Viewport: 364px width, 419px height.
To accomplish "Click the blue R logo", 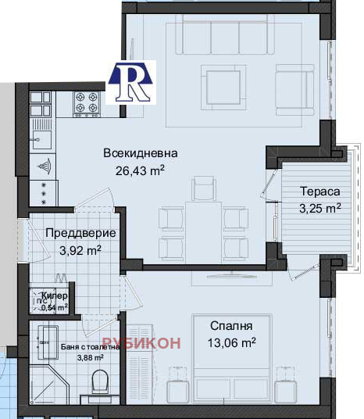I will (x=130, y=81).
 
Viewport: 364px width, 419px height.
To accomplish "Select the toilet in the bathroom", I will (x=100, y=383).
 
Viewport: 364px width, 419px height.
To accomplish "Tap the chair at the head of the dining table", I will (x=202, y=188).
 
